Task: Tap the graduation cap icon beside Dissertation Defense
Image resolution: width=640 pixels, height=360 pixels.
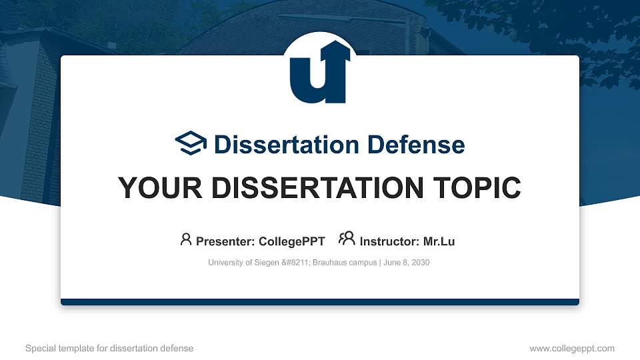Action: pyautogui.click(x=191, y=144)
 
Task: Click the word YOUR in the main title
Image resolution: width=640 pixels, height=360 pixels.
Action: pyautogui.click(x=155, y=188)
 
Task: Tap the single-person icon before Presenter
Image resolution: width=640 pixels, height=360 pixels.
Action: pyautogui.click(x=186, y=239)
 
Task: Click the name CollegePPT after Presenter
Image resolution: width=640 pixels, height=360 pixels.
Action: pyautogui.click(x=291, y=241)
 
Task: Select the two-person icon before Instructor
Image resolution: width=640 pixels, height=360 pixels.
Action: pyautogui.click(x=347, y=239)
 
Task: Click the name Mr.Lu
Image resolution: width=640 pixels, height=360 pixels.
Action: pyautogui.click(x=439, y=241)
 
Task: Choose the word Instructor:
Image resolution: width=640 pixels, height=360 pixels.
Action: pyautogui.click(x=390, y=241)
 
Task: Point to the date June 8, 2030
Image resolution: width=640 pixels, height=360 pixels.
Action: pyautogui.click(x=407, y=263)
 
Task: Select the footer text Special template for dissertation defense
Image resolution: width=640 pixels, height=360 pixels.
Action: pyautogui.click(x=109, y=348)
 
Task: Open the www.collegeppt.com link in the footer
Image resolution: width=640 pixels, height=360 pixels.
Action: pyautogui.click(x=572, y=348)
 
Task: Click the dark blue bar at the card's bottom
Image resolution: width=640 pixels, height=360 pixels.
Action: pyautogui.click(x=320, y=302)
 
